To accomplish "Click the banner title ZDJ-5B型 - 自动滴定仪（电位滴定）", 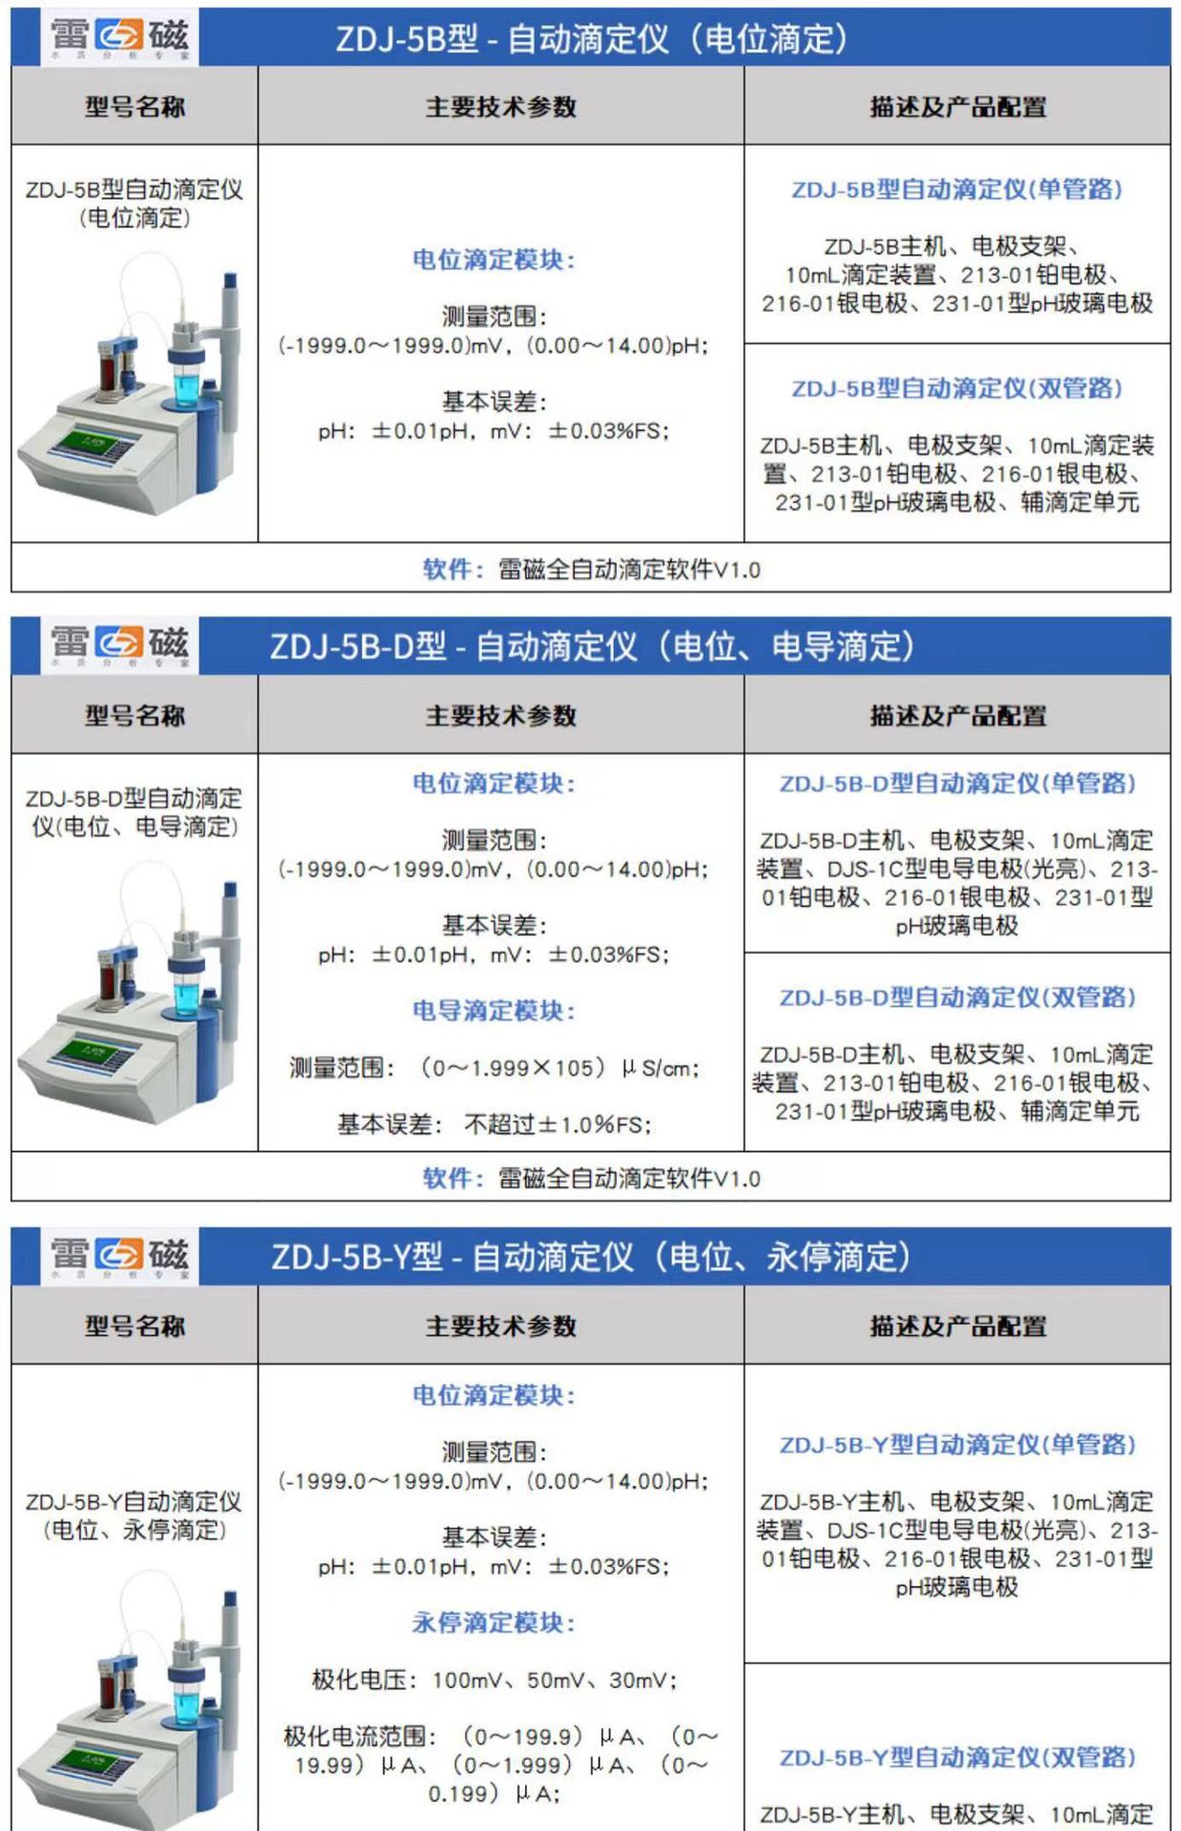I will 591,39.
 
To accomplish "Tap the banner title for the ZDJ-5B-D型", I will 591,647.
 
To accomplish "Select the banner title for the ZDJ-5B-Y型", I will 591,1257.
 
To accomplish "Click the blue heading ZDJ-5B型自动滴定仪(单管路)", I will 957,189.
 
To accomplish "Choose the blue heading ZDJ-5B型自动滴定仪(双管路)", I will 957,388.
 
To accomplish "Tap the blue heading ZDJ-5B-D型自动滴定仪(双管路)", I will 957,998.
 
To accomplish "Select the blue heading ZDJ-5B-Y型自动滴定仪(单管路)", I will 957,1445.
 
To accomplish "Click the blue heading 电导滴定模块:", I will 494,1010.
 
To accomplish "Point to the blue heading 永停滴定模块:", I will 494,1622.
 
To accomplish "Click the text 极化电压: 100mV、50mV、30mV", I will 494,1679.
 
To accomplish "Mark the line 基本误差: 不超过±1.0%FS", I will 494,1124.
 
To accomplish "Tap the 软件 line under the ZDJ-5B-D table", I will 591,1178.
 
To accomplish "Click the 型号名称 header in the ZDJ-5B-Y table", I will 134,1326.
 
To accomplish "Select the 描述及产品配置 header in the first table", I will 957,107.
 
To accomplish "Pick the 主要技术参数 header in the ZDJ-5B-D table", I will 500,715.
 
